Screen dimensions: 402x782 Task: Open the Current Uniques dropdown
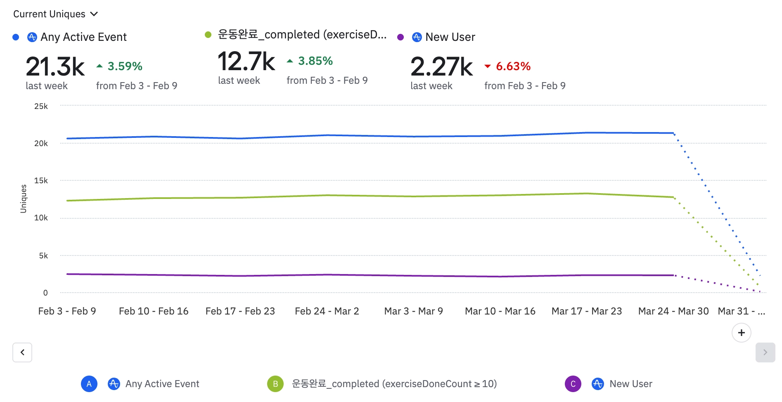point(55,14)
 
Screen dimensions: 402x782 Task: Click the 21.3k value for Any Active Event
point(55,66)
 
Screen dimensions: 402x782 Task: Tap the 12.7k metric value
point(246,61)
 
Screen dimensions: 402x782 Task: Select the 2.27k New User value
point(441,66)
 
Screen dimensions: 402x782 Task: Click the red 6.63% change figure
point(513,66)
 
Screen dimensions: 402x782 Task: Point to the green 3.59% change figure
point(125,66)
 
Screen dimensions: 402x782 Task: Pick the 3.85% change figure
point(315,61)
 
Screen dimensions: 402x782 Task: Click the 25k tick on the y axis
point(41,106)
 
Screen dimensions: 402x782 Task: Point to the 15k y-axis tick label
point(41,181)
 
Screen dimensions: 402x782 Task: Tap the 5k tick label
point(43,256)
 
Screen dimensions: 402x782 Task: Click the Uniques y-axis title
point(24,199)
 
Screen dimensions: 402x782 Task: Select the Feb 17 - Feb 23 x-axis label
point(240,311)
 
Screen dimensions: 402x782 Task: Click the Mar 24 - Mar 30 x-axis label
point(673,311)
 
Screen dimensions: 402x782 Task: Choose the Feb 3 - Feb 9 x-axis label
point(67,311)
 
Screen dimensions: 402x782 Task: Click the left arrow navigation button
point(22,352)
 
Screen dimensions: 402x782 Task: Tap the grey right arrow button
point(765,352)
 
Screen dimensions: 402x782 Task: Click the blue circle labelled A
point(89,384)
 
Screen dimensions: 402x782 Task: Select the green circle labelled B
point(275,384)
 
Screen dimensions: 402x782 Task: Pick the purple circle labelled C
point(573,384)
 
